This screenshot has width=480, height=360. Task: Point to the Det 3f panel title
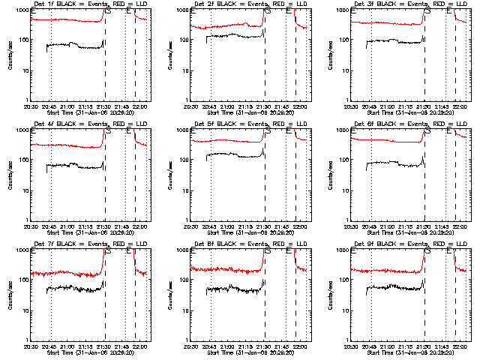click(x=409, y=4)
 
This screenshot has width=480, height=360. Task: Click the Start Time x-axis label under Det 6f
click(x=409, y=233)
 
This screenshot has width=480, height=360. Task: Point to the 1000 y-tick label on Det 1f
click(x=23, y=10)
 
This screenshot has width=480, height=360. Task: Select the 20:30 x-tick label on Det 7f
click(x=31, y=346)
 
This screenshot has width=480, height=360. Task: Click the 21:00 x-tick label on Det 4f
click(x=68, y=226)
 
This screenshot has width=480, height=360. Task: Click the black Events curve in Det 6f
click(x=390, y=164)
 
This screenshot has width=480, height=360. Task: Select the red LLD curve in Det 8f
click(x=225, y=269)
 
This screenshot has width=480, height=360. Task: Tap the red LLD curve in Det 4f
click(x=67, y=145)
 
